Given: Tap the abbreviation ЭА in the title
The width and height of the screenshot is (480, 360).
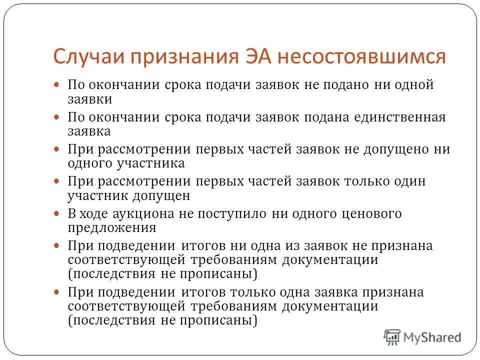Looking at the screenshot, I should point(256,56).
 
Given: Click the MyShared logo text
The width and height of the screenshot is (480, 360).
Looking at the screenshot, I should point(432,337).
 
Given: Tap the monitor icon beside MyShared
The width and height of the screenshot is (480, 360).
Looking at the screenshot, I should point(392,337).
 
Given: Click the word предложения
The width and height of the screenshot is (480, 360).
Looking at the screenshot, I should point(112,228).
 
